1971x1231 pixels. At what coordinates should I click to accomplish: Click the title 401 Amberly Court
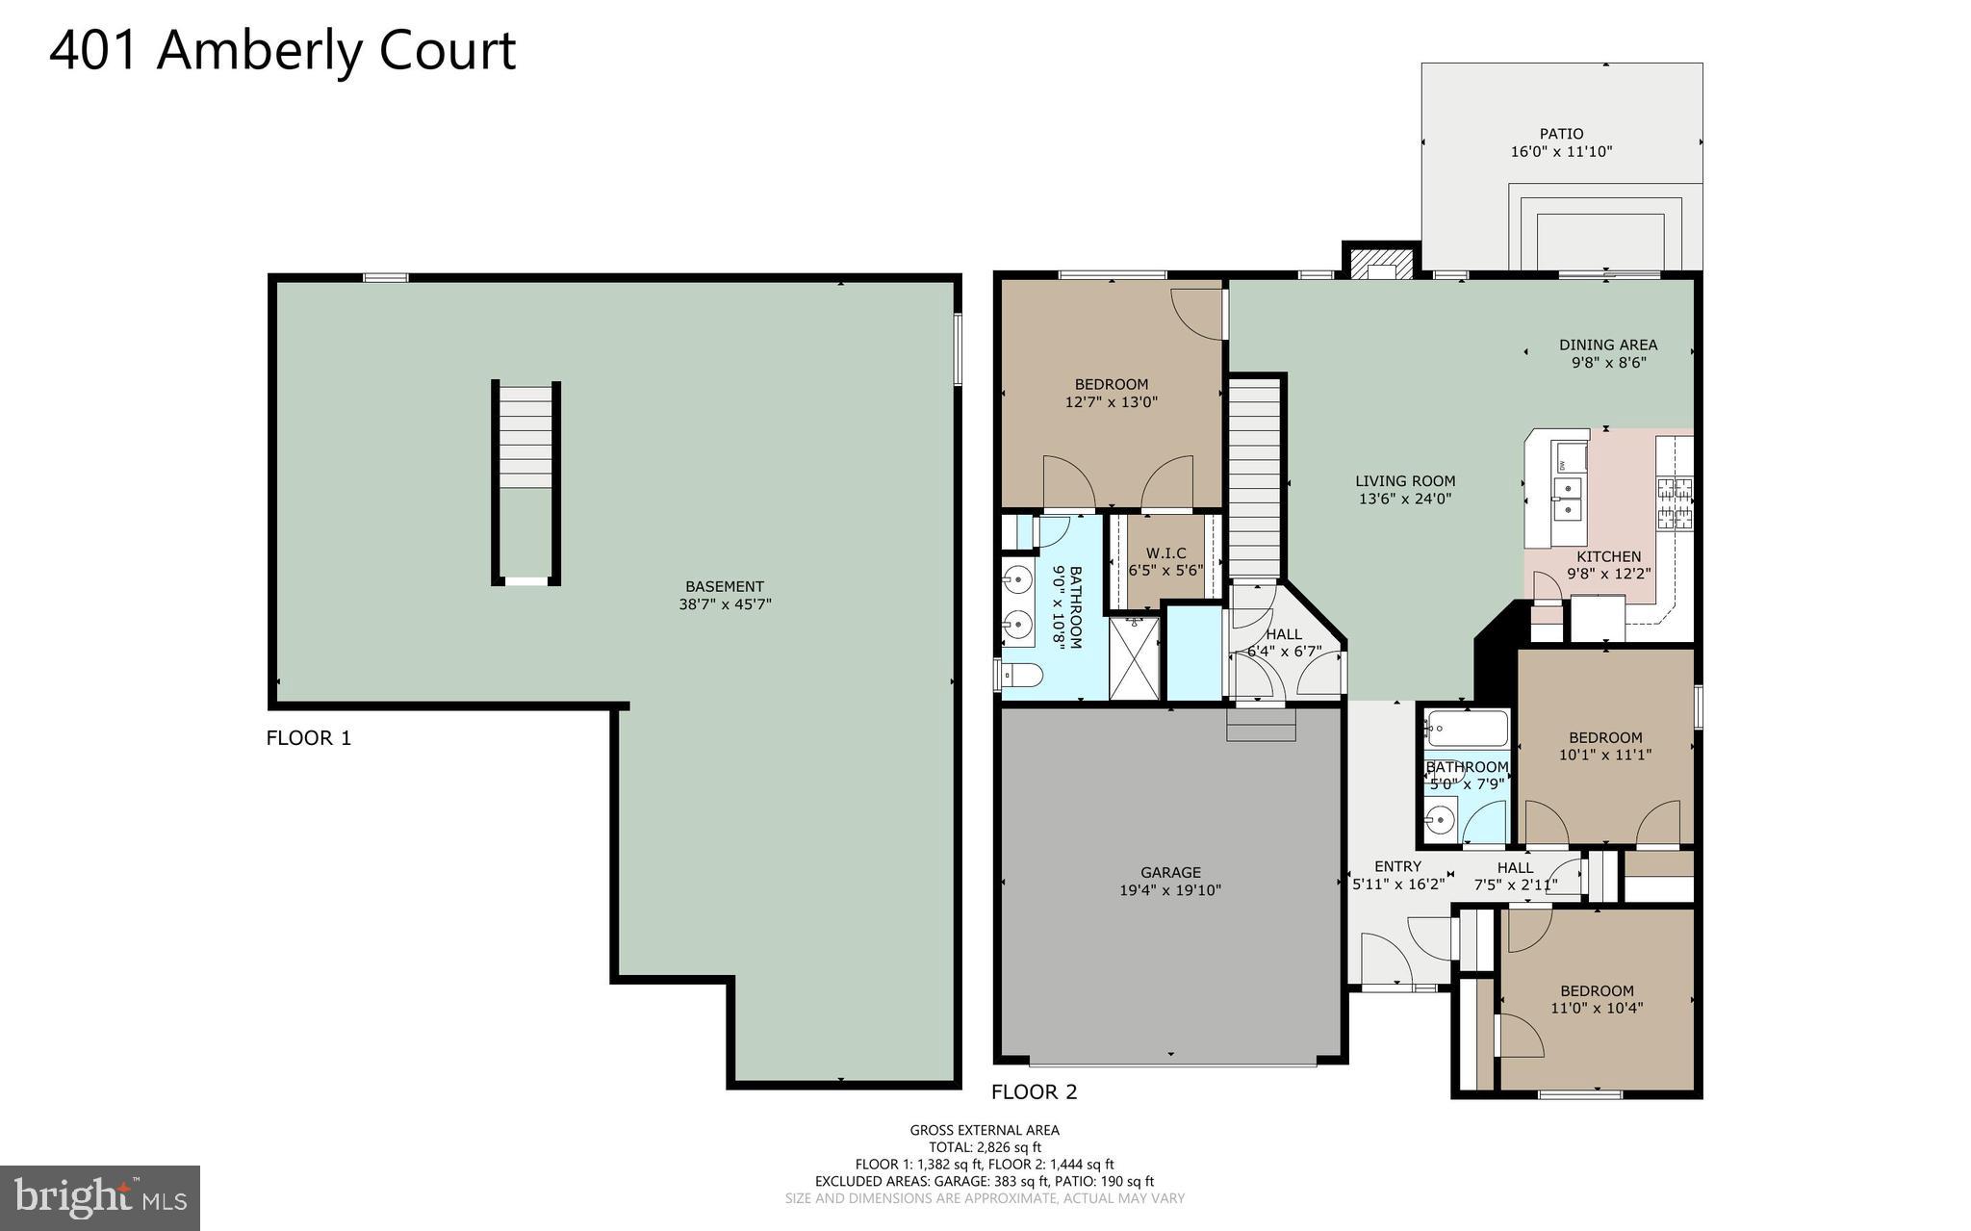click(282, 50)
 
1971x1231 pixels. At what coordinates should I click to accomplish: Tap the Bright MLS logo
click(100, 1197)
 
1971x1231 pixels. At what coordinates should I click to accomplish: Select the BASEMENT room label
click(725, 586)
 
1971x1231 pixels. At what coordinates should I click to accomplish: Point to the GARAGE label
click(1170, 872)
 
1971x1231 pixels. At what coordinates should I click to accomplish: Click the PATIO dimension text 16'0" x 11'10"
click(1561, 152)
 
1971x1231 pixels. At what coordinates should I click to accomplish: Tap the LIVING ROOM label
click(1405, 481)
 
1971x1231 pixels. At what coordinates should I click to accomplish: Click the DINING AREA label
click(1608, 345)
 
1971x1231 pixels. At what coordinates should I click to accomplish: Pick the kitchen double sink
click(1568, 500)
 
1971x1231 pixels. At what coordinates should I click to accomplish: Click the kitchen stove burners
click(1675, 503)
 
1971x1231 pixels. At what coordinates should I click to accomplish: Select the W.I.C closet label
click(1165, 553)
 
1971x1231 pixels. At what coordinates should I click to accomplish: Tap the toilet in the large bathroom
click(1021, 677)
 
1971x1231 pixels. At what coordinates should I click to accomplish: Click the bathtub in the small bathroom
click(1467, 729)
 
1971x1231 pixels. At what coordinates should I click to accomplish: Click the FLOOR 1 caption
click(309, 738)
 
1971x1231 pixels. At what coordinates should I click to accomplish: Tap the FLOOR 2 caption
click(1035, 1091)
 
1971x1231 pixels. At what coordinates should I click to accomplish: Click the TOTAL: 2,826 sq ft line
click(985, 1147)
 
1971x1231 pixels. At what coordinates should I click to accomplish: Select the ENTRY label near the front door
click(1397, 866)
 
